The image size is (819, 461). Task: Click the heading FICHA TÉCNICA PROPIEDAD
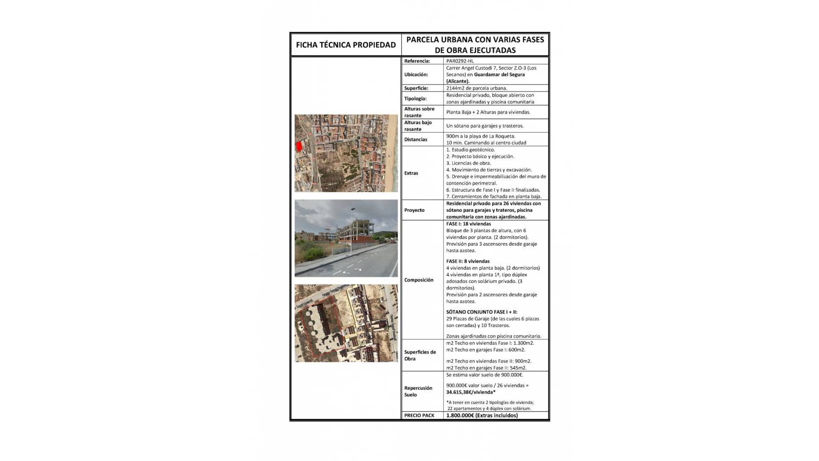346,45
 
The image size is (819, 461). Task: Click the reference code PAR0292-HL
460,61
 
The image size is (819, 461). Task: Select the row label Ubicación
416,75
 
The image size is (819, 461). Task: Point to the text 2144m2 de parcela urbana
476,88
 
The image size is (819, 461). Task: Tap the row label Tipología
415,99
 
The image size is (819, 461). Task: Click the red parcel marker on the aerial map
299,146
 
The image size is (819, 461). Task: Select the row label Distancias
415,140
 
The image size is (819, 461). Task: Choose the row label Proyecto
414,210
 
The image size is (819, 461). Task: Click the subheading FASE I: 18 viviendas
468,224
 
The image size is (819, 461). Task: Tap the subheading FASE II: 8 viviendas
468,261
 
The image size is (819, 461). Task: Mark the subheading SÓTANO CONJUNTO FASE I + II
482,312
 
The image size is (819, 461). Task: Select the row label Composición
418,280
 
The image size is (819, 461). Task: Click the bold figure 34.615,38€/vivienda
470,392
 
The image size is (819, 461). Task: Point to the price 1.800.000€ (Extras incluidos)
482,415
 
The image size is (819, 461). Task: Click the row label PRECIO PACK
419,415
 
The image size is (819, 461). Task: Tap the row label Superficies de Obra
420,356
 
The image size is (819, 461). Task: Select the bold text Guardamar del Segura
500,75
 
